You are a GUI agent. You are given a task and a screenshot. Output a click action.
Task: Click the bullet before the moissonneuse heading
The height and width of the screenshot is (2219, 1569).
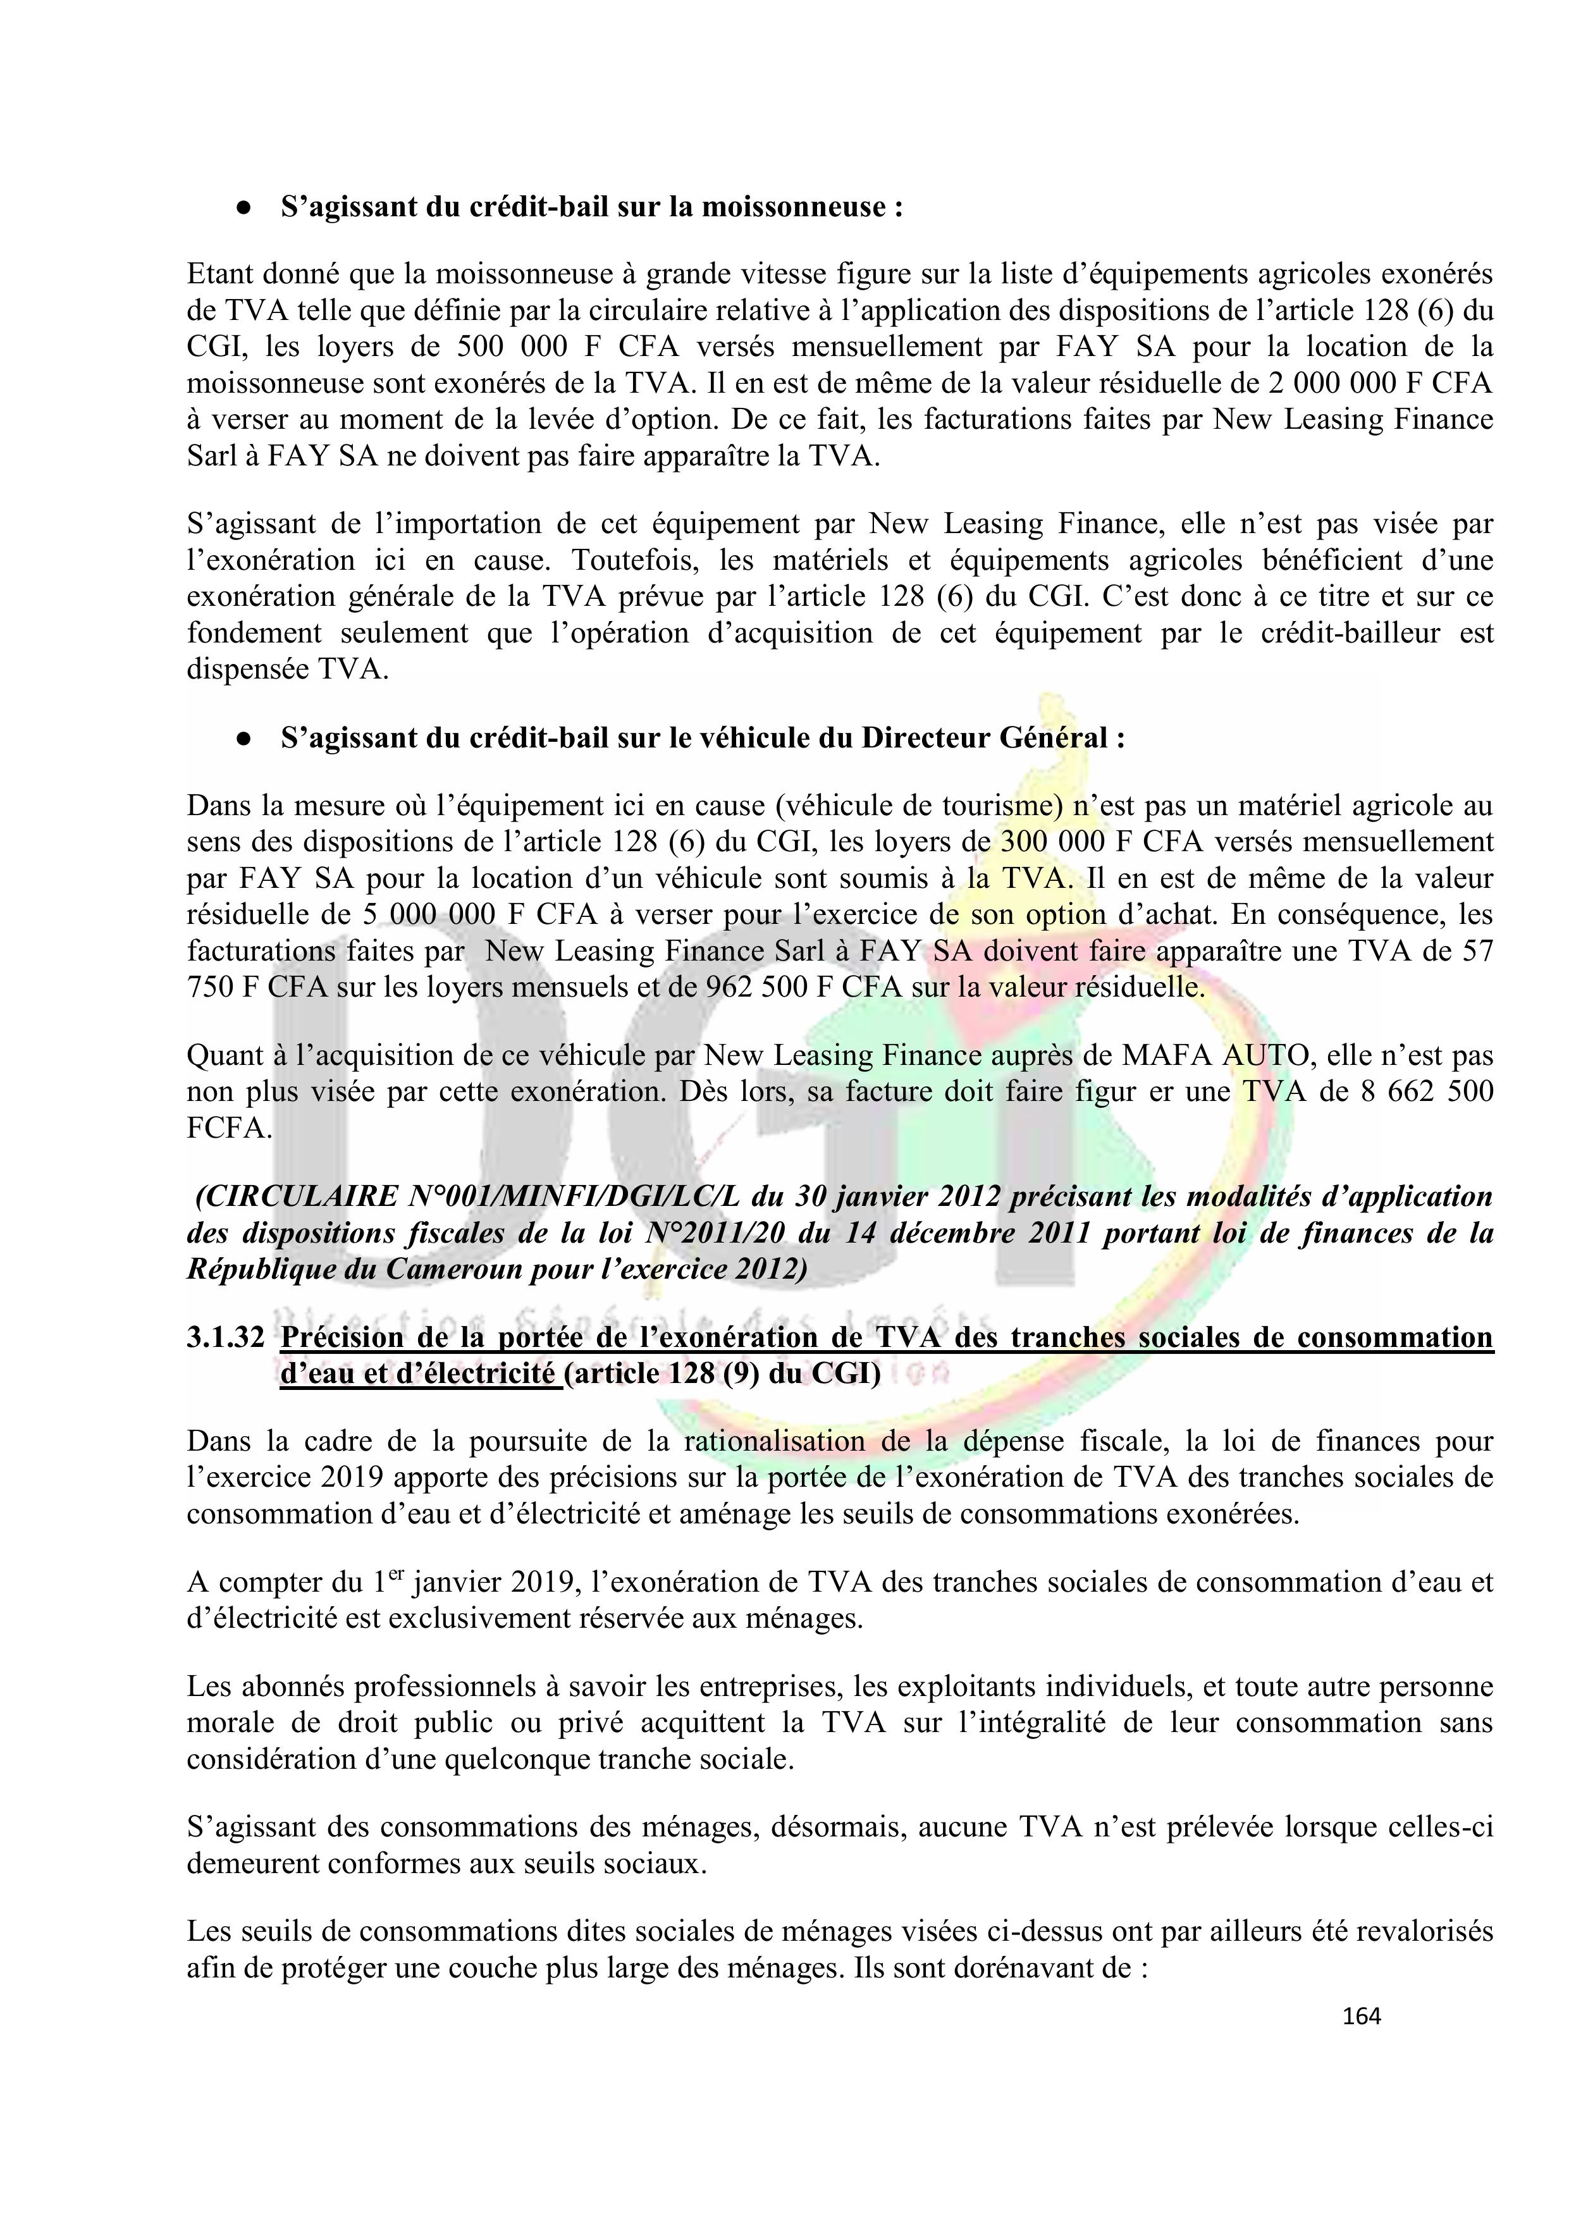tap(243, 209)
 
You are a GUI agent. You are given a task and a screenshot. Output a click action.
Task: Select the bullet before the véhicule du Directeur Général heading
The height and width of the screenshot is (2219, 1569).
tap(243, 739)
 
